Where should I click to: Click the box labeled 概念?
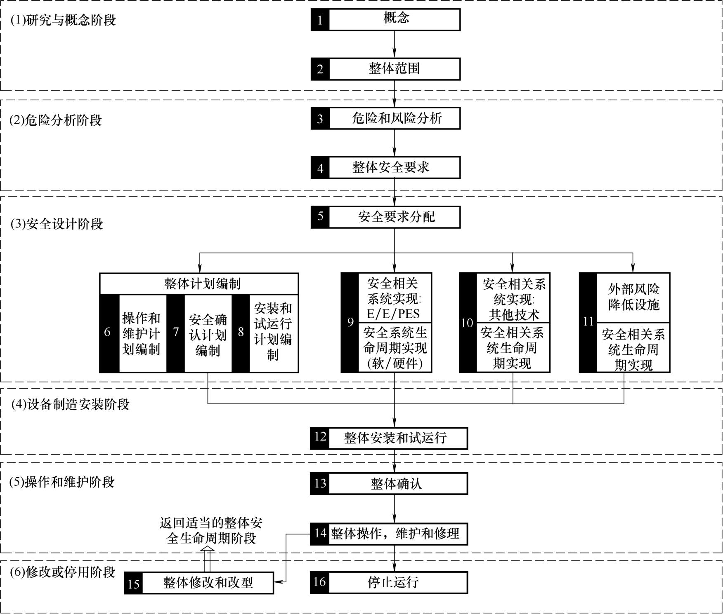point(385,20)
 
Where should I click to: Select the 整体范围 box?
point(385,69)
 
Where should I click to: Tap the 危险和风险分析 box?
point(385,118)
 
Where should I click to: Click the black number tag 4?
point(320,168)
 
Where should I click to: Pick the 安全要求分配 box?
point(385,217)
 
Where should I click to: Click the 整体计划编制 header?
point(199,284)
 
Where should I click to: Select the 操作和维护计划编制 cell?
point(142,333)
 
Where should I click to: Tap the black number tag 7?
point(176,333)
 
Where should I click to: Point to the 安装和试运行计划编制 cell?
point(273,333)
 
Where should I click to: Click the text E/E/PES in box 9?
point(393,314)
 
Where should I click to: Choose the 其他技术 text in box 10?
point(514,315)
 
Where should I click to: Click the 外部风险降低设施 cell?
point(633,297)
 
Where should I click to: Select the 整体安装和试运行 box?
point(389,438)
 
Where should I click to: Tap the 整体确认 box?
point(389,483)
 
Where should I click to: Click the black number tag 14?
point(320,534)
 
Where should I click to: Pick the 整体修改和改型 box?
point(199,583)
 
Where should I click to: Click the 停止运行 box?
point(389,582)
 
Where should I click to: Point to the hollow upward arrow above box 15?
point(208,559)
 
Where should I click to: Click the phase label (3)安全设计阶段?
point(57,224)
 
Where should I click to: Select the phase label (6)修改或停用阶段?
point(63,572)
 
